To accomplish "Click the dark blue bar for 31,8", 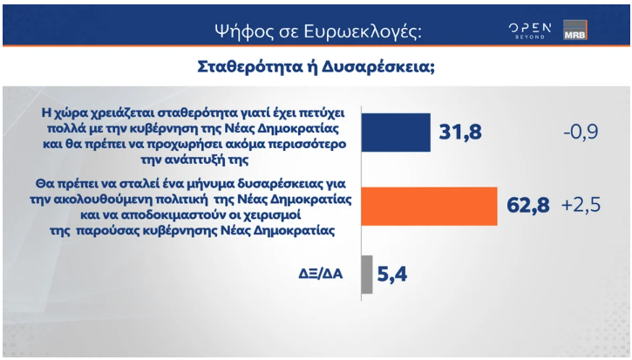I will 395,132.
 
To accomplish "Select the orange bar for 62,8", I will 428,206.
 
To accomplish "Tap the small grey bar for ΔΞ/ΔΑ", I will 366,275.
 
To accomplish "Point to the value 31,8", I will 459,133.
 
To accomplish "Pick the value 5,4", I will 393,276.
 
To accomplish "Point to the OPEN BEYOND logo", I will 530,30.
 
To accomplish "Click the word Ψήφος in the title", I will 240,31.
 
